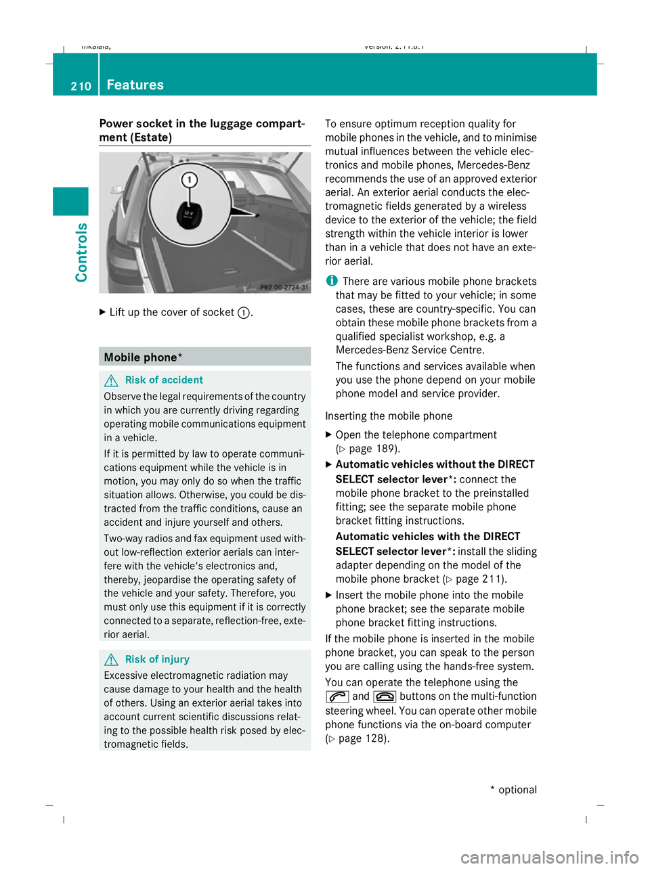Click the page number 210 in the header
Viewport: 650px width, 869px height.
click(x=81, y=86)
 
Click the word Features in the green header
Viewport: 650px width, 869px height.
click(x=135, y=85)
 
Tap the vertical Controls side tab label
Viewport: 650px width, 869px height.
click(x=81, y=252)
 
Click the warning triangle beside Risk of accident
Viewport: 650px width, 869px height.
click(x=111, y=380)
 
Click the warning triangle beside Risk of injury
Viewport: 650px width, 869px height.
click(x=111, y=660)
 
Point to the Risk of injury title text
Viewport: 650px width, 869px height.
click(x=157, y=659)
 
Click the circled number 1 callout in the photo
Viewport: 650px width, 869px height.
click(x=190, y=180)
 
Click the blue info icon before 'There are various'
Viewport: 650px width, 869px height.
click(x=331, y=281)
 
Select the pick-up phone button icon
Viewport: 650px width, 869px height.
click(x=337, y=696)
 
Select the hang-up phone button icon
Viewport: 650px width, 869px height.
click(x=385, y=696)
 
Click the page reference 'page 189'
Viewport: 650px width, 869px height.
click(x=372, y=449)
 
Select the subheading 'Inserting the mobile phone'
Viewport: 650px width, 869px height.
click(x=389, y=416)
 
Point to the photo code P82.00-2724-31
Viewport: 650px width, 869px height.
click(x=284, y=288)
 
